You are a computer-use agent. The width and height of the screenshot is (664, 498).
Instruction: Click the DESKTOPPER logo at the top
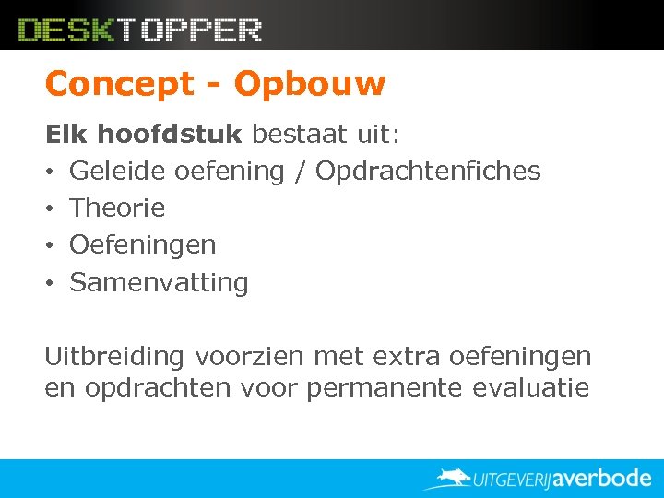click(140, 30)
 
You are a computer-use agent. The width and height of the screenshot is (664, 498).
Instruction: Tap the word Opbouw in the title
click(309, 84)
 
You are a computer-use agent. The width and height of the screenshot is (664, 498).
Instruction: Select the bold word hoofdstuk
click(170, 135)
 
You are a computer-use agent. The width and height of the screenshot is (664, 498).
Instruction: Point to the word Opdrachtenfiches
click(428, 171)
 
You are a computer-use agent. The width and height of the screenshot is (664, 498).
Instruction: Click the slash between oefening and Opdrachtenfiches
click(300, 171)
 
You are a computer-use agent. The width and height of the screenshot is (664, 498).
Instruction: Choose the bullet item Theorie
click(117, 207)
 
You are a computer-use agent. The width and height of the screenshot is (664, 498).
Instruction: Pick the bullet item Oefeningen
click(143, 244)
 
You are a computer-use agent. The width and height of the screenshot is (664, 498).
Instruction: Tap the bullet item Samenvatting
click(159, 281)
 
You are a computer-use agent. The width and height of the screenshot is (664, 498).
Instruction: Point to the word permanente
click(385, 387)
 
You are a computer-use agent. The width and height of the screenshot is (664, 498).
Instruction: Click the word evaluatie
click(530, 387)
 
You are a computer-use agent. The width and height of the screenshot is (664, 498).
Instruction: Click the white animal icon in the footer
click(450, 478)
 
